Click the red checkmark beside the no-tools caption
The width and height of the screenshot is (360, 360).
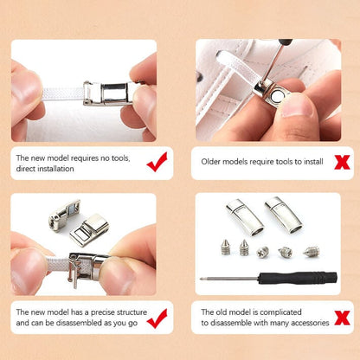[x=157, y=161]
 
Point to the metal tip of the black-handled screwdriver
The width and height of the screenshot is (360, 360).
[x=208, y=279]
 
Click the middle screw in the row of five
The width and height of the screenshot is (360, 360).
[x=264, y=252]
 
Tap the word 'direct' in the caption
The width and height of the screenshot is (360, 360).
[x=26, y=170]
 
